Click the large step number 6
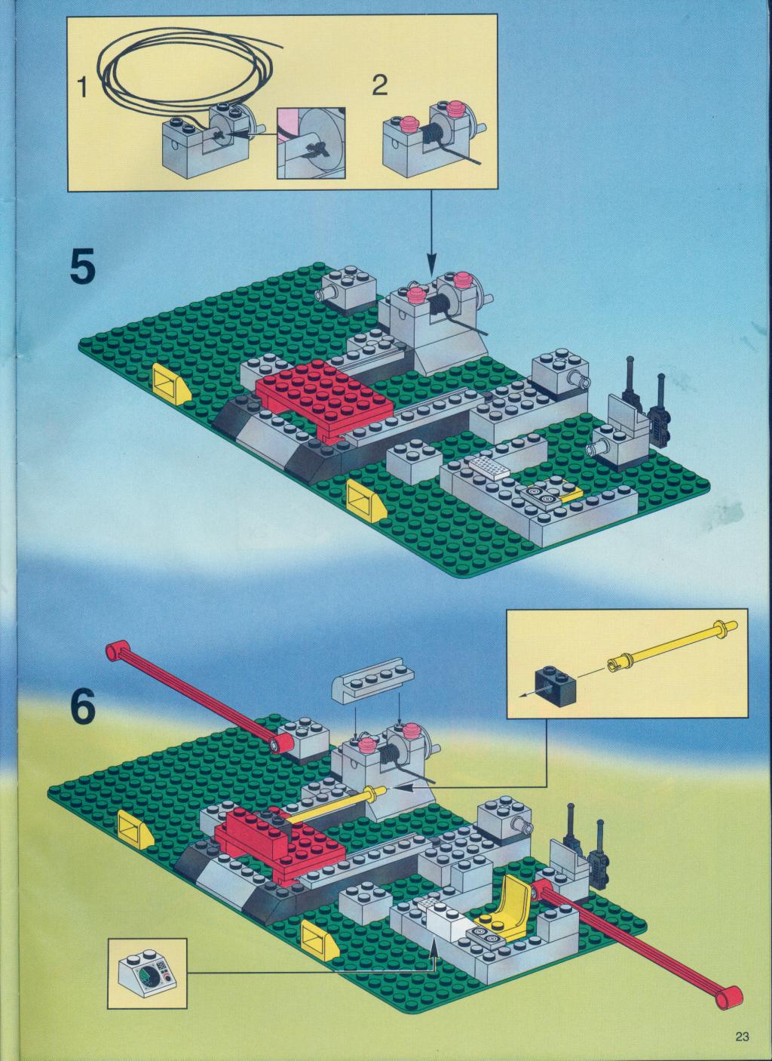coord(83,715)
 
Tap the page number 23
coord(742,1036)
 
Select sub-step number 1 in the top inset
coord(82,88)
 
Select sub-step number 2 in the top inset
coord(380,85)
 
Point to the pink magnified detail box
coord(311,143)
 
